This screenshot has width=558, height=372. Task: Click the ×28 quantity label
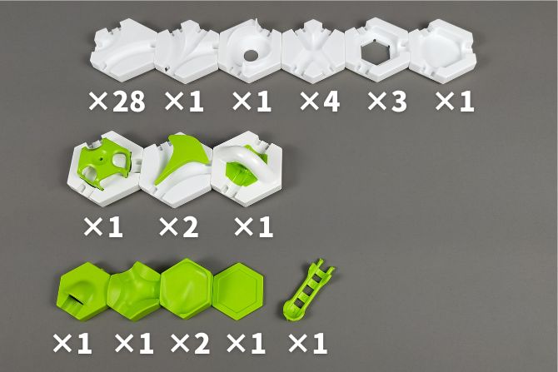[x=117, y=101]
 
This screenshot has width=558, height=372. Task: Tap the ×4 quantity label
[x=320, y=101]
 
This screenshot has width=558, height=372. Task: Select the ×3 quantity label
[x=387, y=101]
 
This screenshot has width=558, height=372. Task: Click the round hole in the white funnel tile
[x=251, y=55]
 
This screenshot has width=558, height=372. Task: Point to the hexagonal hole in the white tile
[x=376, y=54]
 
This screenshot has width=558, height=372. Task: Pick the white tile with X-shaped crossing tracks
[x=313, y=51]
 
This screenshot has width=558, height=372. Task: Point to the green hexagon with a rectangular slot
[x=83, y=291]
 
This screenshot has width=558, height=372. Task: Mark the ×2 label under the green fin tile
[x=179, y=227]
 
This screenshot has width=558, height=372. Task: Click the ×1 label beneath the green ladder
[x=307, y=343]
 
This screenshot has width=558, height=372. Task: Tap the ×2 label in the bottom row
[x=190, y=343]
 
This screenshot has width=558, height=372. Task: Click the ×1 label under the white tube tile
[x=253, y=227]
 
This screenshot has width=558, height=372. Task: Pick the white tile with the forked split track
[x=187, y=52]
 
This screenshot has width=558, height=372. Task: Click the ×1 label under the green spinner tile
[x=103, y=227]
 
